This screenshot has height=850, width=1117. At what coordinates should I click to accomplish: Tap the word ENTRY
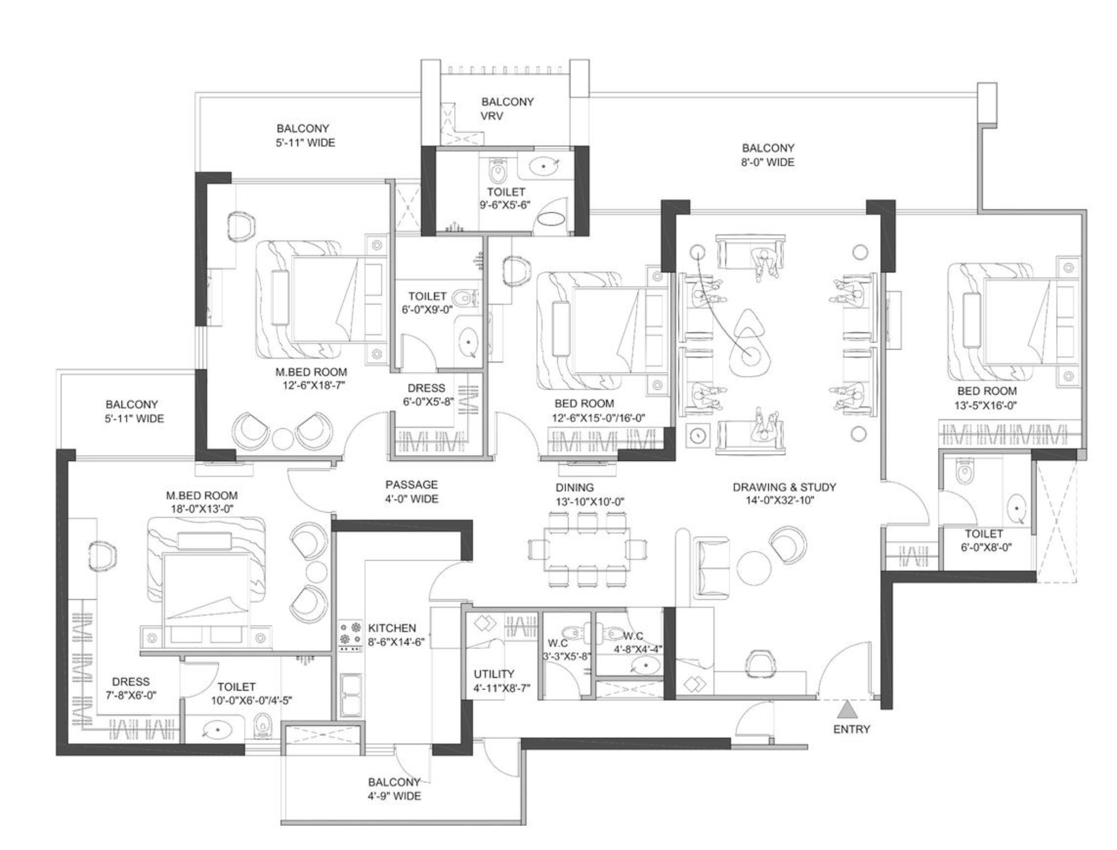852,729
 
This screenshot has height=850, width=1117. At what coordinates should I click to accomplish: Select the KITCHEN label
392,628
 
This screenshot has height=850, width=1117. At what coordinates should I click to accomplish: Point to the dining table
587,549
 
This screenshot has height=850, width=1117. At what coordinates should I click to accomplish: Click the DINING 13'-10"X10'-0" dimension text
590,501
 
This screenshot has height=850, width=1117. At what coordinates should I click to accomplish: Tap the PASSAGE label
411,485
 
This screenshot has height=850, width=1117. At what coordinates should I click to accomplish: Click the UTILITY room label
494,674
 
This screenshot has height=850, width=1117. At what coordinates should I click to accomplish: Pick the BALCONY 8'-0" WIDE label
767,155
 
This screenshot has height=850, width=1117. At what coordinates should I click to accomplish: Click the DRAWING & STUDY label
784,487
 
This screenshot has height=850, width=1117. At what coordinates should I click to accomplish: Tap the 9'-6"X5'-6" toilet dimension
505,205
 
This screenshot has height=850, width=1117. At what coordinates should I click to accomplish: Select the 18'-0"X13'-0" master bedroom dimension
202,509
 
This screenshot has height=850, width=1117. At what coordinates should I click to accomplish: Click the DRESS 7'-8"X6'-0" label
130,688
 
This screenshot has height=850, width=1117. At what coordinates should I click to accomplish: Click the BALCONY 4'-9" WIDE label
394,789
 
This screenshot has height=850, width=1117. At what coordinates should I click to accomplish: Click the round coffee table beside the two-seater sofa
754,568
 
